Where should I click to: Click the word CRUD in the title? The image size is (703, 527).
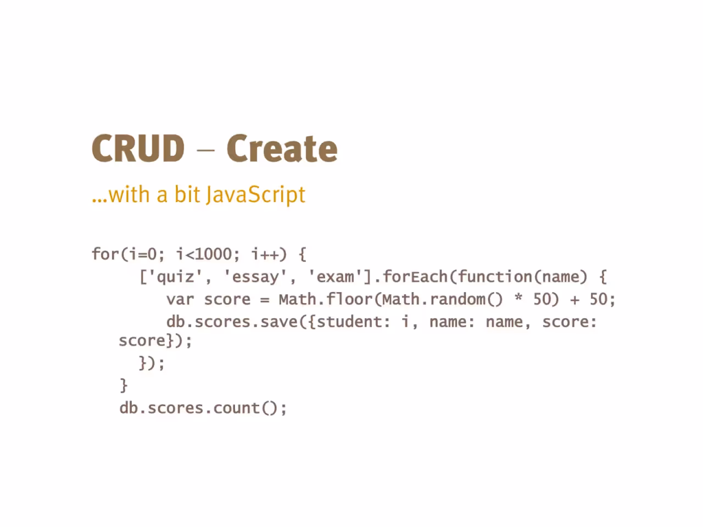138,148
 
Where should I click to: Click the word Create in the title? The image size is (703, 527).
282,148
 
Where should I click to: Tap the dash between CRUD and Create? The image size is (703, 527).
205,149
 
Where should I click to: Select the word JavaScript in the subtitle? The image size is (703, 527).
255,195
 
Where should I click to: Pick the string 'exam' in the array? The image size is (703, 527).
336,277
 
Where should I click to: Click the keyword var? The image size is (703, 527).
180,300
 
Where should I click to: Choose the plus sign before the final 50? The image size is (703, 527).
574,300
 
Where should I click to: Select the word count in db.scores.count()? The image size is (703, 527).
237,408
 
